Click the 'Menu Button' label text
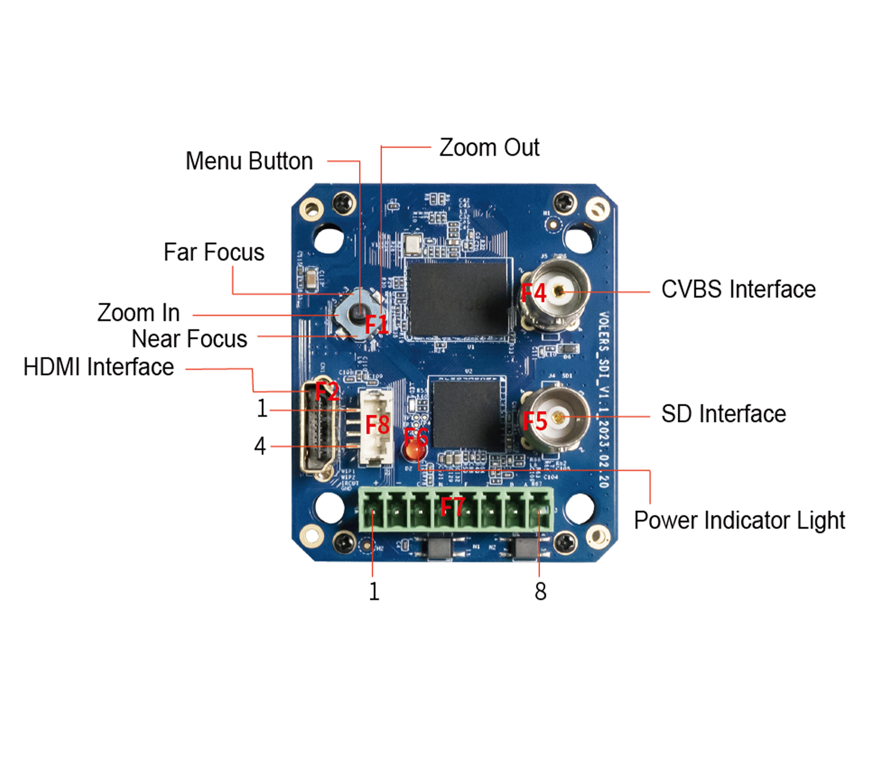[249, 161]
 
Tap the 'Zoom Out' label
[488, 147]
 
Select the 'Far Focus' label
[214, 252]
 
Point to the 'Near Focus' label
[189, 339]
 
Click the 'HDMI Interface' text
[98, 367]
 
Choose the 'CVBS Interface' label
[738, 289]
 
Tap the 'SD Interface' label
[723, 414]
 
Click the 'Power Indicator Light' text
[739, 521]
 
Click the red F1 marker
[376, 324]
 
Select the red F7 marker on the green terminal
[453, 507]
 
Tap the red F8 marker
[377, 424]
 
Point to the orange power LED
[414, 453]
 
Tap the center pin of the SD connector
[558, 417]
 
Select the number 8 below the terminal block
[540, 591]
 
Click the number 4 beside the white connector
[260, 446]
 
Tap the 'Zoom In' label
[138, 313]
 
